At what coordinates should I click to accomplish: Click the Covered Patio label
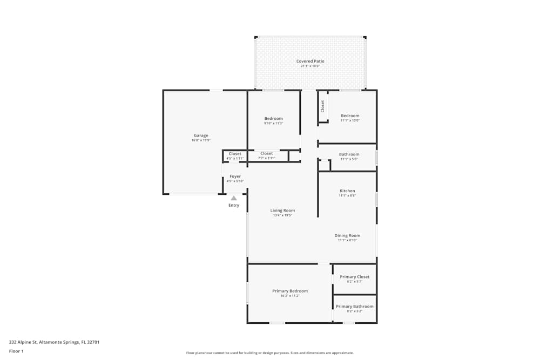(x=310, y=62)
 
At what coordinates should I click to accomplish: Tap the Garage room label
(x=201, y=135)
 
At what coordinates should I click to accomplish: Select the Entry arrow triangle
(x=234, y=198)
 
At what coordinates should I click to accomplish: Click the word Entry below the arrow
(x=234, y=205)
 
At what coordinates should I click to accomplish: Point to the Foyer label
(x=235, y=176)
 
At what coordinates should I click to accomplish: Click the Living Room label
(x=282, y=210)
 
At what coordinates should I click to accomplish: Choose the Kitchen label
(x=347, y=191)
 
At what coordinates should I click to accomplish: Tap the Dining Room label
(x=347, y=235)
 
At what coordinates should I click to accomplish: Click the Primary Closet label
(x=355, y=277)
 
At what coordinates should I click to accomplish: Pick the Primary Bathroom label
(x=355, y=307)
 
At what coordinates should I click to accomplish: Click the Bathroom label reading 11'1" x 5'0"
(x=349, y=154)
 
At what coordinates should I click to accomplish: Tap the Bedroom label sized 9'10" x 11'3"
(x=273, y=119)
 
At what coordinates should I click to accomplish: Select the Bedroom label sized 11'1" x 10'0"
(x=350, y=116)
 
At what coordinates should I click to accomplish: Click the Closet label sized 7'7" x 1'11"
(x=266, y=154)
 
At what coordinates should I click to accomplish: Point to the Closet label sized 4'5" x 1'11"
(x=235, y=154)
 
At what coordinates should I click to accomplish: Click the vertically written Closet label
(x=323, y=106)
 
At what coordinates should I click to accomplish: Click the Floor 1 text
(x=16, y=351)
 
